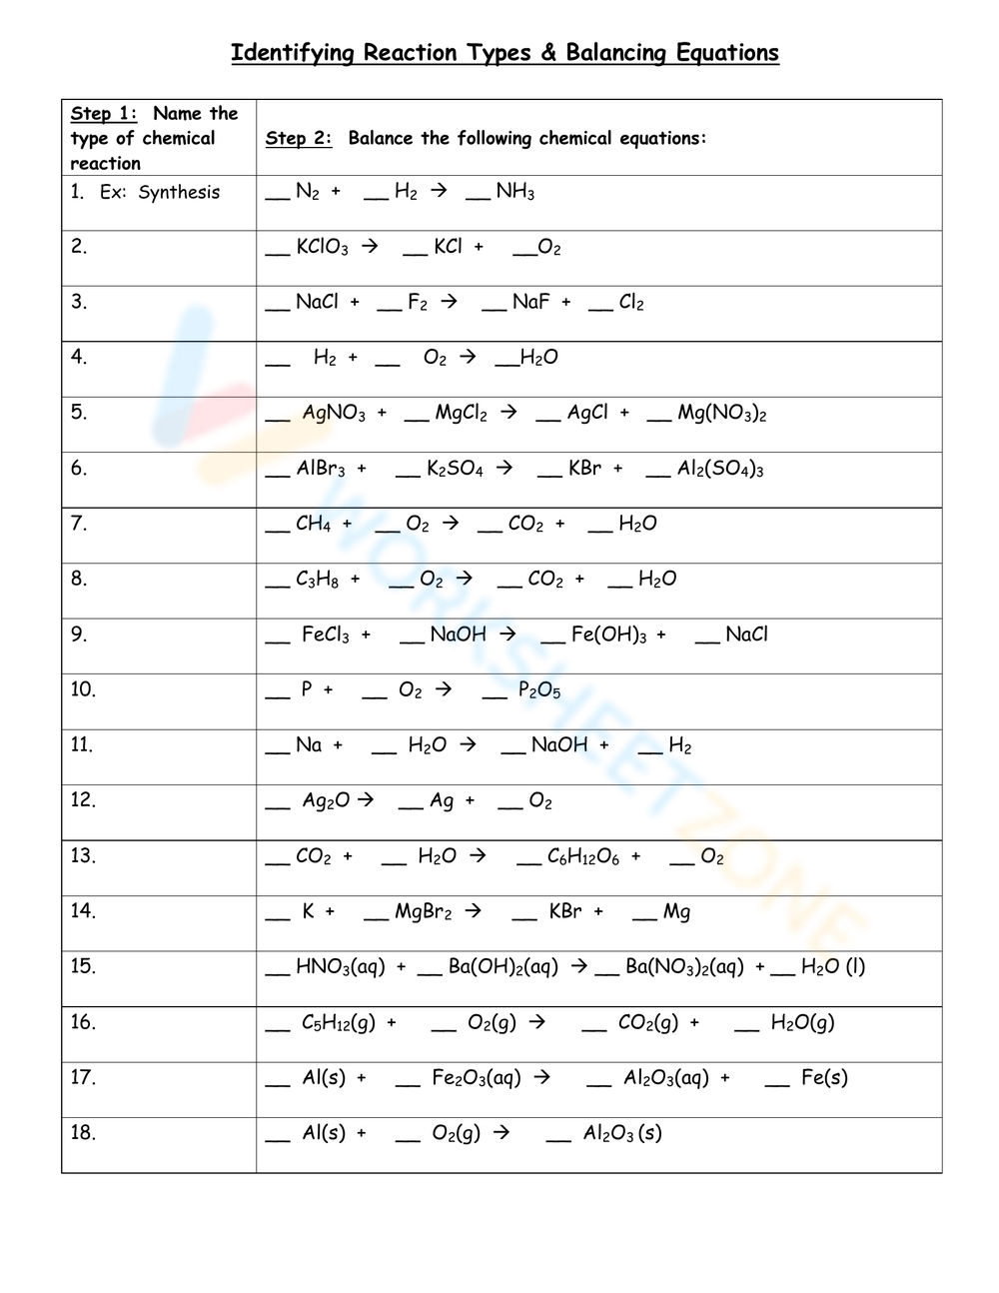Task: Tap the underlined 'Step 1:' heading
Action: [x=104, y=114]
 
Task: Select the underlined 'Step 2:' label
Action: [x=298, y=139]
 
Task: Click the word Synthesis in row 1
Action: [x=179, y=193]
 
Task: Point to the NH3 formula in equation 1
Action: [x=514, y=192]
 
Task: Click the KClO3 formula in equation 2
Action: [x=322, y=247]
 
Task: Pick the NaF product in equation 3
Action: [x=530, y=302]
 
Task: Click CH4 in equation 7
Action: [x=313, y=524]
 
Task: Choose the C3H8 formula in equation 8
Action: [x=317, y=580]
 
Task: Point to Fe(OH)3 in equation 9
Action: [x=608, y=635]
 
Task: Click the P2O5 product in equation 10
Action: [x=539, y=690]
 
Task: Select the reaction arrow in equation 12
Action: [x=366, y=799]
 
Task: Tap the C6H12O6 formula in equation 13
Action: [x=582, y=856]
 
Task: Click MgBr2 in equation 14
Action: [x=423, y=911]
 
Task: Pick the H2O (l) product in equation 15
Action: [x=832, y=967]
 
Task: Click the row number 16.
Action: [x=83, y=1022]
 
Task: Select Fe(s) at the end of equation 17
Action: [x=824, y=1078]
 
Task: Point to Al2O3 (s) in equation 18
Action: [x=622, y=1133]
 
